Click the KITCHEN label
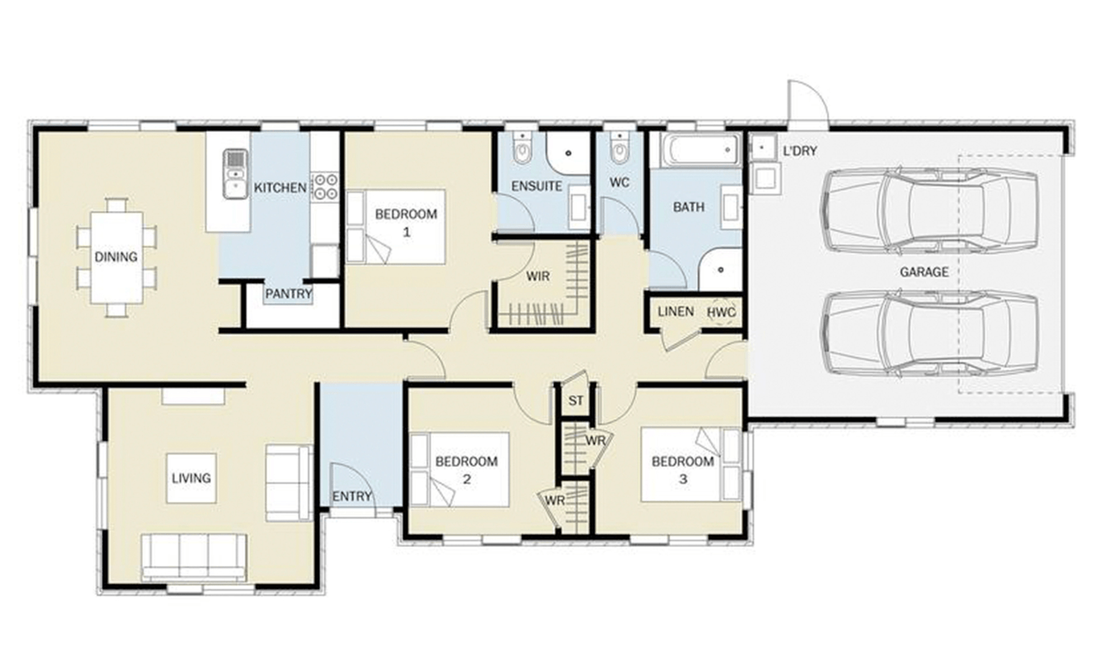tap(280, 188)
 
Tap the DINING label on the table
tap(116, 257)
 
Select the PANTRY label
tap(288, 294)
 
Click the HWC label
tap(722, 312)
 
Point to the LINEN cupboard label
tap(676, 311)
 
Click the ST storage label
tap(576, 401)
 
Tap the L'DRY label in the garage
tap(800, 151)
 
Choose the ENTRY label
tap(352, 497)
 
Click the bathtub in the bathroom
tap(701, 150)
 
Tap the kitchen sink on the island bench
tap(236, 174)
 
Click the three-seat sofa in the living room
tap(194, 557)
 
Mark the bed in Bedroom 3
tap(691, 464)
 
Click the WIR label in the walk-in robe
tap(537, 276)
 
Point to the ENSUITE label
tap(537, 186)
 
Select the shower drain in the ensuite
tap(568, 153)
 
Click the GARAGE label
tap(924, 272)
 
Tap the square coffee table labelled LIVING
tap(191, 478)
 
